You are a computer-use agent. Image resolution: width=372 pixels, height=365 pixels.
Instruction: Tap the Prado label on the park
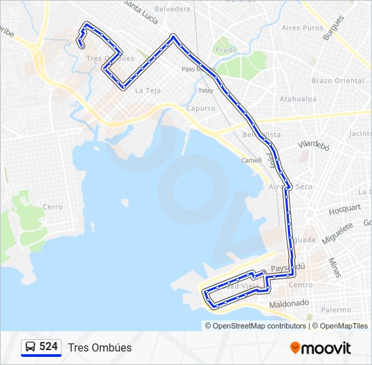[227, 49]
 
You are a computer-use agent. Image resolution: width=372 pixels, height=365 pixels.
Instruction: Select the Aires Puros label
[302, 28]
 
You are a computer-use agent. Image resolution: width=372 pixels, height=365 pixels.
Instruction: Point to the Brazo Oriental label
[338, 80]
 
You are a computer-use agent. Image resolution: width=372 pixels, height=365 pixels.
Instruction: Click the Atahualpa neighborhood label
[298, 99]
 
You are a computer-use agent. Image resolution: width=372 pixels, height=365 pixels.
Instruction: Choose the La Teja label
[147, 91]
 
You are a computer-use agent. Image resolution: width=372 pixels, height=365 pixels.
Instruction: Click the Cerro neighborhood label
[52, 207]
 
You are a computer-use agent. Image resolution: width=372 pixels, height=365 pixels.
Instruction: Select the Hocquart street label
[346, 210]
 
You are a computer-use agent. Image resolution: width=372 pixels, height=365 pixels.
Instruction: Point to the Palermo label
[336, 310]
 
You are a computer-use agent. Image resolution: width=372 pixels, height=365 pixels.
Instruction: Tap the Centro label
[300, 285]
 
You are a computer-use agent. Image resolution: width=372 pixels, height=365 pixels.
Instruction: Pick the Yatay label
[206, 90]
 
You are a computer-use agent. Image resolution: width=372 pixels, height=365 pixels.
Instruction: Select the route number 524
[48, 346]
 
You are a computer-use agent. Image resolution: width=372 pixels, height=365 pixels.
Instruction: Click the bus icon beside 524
[30, 347]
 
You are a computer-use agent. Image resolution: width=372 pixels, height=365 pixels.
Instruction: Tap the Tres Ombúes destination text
[99, 347]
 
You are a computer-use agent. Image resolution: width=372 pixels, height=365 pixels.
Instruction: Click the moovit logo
[321, 348]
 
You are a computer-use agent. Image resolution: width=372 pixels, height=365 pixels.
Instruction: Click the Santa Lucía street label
[141, 9]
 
